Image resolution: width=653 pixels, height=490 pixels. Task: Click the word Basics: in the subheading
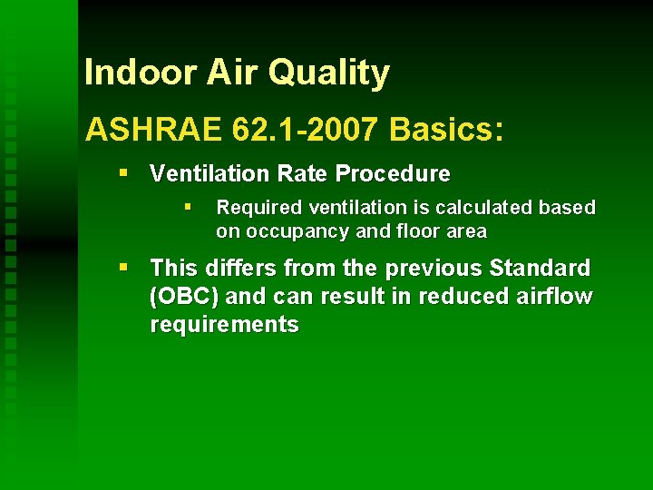445,129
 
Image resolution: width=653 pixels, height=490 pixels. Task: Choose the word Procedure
395,173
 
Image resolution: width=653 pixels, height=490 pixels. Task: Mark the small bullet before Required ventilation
188,207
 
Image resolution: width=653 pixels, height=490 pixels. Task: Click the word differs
238,269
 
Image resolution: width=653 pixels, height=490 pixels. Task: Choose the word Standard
540,269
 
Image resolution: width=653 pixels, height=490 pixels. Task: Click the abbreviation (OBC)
185,297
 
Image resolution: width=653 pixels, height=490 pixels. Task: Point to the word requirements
224,325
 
